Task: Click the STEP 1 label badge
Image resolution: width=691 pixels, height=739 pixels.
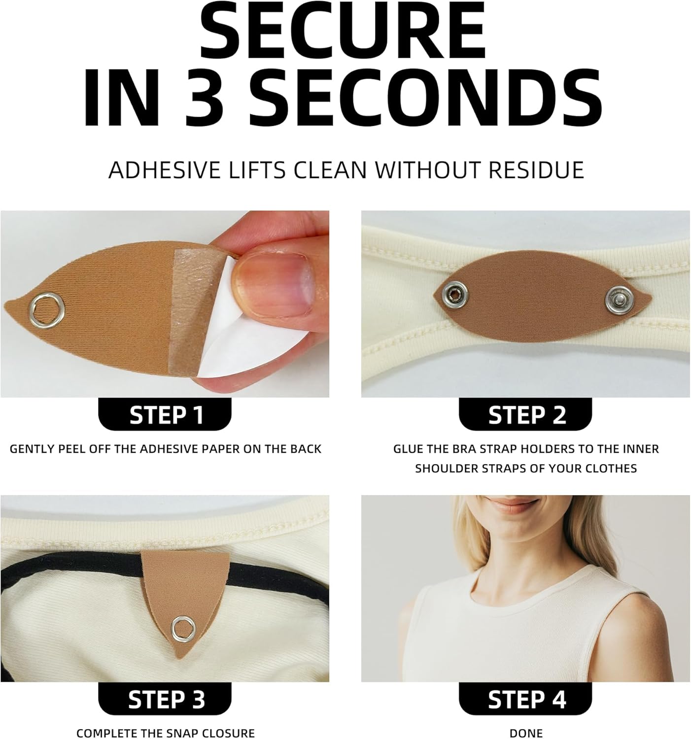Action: click(x=166, y=415)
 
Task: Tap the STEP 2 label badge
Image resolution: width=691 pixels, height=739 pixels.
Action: click(x=526, y=415)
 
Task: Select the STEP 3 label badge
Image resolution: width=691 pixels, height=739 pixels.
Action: click(x=166, y=699)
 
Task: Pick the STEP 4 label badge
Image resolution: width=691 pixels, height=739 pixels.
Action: click(x=526, y=699)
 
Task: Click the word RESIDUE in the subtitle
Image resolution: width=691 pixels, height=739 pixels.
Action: click(x=536, y=169)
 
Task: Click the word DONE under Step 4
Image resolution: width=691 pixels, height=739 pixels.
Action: click(x=526, y=733)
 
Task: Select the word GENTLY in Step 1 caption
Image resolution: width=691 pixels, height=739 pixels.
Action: click(x=30, y=449)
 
